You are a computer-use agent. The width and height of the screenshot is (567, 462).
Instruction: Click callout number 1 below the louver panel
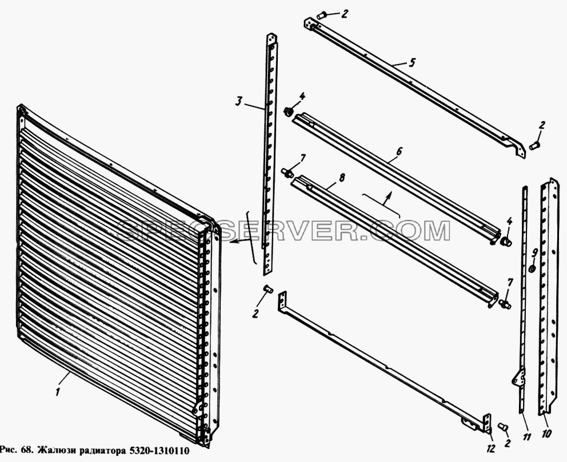coord(58,392)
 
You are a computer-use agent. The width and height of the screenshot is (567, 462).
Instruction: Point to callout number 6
coord(398,151)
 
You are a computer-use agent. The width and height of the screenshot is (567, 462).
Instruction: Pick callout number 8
coord(342,178)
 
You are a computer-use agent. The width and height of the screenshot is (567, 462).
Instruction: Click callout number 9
coord(535,253)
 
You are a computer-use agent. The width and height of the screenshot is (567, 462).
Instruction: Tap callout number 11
coord(526,437)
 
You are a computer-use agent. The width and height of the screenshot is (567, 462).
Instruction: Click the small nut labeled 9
coord(532,269)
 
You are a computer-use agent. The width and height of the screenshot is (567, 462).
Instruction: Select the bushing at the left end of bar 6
coord(288,111)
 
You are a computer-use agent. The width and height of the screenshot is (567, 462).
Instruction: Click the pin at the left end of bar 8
coord(286,172)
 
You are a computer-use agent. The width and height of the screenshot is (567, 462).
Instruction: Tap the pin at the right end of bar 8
coord(505,304)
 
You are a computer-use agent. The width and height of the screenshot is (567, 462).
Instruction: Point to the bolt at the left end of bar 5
coord(321,15)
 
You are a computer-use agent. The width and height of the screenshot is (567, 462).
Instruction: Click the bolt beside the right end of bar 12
coord(502,427)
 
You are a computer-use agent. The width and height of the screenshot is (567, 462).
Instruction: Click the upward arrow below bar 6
coord(388,199)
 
